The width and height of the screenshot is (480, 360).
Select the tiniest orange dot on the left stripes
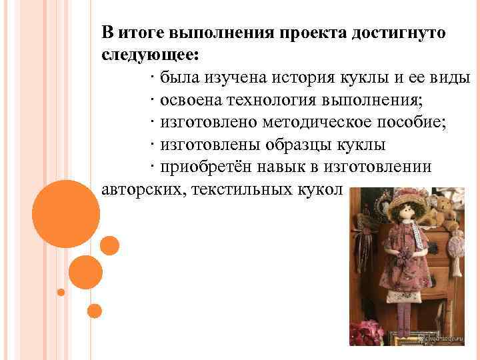(x=61, y=292)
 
